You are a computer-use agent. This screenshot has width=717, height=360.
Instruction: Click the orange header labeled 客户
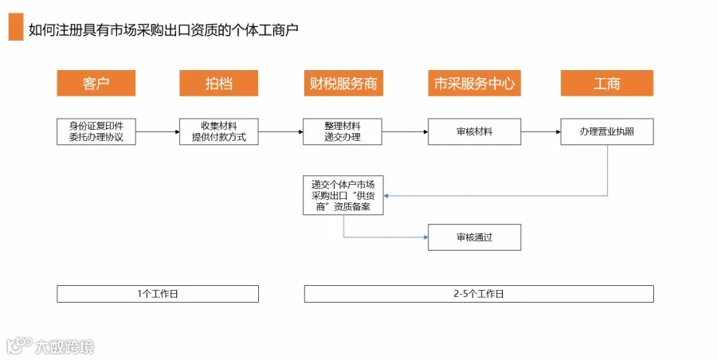[96, 84]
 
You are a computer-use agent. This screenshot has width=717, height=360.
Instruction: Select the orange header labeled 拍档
[218, 84]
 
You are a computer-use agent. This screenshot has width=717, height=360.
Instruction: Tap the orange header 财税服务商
[343, 84]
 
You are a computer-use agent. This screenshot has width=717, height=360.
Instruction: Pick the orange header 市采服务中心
[474, 84]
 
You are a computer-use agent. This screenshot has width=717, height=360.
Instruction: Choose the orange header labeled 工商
[607, 84]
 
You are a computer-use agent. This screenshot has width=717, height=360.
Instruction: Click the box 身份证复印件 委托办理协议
[96, 131]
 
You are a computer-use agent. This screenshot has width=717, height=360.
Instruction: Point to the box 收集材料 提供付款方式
[218, 131]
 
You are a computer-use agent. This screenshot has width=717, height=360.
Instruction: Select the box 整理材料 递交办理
[343, 131]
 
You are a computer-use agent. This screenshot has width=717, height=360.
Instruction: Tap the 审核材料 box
[474, 131]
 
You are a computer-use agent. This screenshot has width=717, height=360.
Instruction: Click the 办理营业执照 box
[607, 131]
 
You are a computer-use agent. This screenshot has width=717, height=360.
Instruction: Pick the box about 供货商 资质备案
[343, 195]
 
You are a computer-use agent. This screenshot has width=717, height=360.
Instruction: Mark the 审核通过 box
[474, 237]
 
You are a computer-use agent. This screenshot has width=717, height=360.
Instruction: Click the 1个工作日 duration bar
[158, 294]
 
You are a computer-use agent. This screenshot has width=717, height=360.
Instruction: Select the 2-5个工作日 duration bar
[479, 294]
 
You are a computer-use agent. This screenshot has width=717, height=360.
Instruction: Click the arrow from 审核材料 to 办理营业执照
[541, 131]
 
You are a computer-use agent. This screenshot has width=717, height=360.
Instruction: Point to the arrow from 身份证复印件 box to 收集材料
[158, 131]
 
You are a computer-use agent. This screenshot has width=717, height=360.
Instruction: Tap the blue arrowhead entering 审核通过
[425, 237]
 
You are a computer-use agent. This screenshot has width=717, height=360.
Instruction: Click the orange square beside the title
[16, 27]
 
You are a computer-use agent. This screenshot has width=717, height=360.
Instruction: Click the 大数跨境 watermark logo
[50, 346]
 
